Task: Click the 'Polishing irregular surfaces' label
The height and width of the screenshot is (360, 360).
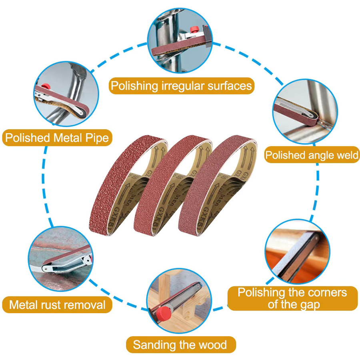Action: (x=181, y=86)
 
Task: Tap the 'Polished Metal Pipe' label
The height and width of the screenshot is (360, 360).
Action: (x=57, y=138)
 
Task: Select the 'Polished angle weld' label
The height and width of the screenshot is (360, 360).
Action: (x=312, y=155)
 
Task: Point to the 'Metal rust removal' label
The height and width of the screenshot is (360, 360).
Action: (x=57, y=305)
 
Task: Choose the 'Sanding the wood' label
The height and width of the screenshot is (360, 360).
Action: (x=181, y=345)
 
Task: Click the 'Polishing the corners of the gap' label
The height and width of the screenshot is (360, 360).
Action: (x=292, y=298)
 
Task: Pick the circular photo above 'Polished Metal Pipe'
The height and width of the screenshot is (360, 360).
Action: (x=66, y=94)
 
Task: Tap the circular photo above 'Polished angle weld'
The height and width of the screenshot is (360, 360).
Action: (x=305, y=112)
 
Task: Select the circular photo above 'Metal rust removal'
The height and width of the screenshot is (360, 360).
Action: (x=61, y=259)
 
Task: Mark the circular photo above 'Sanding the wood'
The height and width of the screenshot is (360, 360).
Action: (x=179, y=301)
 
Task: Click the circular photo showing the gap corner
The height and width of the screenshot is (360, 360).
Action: (x=297, y=252)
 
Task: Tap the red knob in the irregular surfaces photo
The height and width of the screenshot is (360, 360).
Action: (x=195, y=29)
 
